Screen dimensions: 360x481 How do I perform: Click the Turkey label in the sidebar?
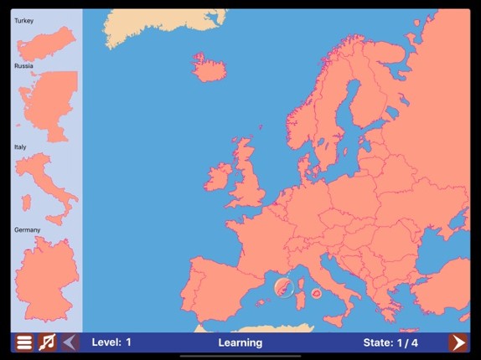[x=23, y=21]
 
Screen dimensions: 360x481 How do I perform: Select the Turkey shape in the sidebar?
[x=47, y=44]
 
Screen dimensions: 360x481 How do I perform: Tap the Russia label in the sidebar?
[x=23, y=65]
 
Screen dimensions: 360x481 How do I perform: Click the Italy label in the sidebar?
[x=20, y=147]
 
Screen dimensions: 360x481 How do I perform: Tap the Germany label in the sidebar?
[x=27, y=229]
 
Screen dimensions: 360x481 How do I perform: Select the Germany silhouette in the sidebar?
[x=46, y=280]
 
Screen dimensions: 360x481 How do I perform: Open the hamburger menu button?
[x=24, y=342]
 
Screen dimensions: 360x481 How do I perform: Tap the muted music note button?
[x=48, y=342]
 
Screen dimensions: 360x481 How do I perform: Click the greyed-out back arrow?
[x=70, y=342]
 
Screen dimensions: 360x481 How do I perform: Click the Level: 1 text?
[x=111, y=342]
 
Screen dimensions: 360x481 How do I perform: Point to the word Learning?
[x=240, y=342]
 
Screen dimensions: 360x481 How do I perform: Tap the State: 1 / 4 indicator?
[x=390, y=342]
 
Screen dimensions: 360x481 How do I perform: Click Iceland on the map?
[x=209, y=67]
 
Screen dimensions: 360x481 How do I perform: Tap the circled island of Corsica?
[x=286, y=287]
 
